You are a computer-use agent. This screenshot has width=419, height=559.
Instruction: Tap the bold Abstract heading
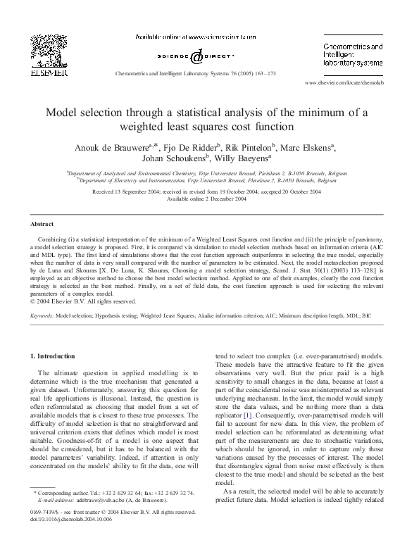(42, 223)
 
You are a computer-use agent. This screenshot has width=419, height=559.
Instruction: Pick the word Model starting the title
(61, 112)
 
